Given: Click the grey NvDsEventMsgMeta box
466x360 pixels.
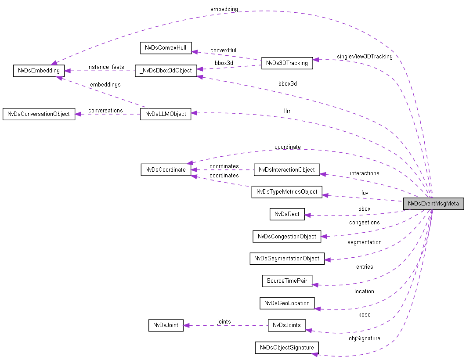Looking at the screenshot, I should pyautogui.click(x=433, y=204).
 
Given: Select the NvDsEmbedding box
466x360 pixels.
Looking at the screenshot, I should pyautogui.click(x=39, y=71).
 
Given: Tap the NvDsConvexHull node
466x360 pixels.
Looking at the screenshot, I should pyautogui.click(x=166, y=48).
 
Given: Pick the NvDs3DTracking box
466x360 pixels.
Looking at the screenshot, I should pyautogui.click(x=287, y=63).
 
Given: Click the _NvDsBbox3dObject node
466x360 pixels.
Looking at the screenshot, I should pyautogui.click(x=166, y=70).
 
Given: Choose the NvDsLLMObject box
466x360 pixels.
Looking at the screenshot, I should pyautogui.click(x=166, y=114).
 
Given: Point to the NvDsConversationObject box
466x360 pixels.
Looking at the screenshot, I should pyautogui.click(x=39, y=114).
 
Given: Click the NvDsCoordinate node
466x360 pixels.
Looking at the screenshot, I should pyautogui.click(x=166, y=170).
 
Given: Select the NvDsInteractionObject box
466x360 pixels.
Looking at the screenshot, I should pyautogui.click(x=287, y=170).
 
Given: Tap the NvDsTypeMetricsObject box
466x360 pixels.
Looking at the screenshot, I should pyautogui.click(x=287, y=192).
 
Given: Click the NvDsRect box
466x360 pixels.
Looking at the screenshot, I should pyautogui.click(x=287, y=214).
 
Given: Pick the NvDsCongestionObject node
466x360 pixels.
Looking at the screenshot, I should pyautogui.click(x=287, y=236).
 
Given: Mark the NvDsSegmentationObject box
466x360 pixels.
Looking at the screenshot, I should pyautogui.click(x=287, y=259).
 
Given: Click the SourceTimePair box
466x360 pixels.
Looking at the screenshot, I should pyautogui.click(x=287, y=281).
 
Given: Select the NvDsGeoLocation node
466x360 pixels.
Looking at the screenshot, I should pyautogui.click(x=287, y=303).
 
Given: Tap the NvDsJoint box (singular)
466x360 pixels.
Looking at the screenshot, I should pyautogui.click(x=166, y=325).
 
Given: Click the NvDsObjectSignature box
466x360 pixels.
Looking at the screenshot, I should pyautogui.click(x=287, y=348).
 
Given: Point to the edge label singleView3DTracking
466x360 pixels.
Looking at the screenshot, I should pyautogui.click(x=365, y=57).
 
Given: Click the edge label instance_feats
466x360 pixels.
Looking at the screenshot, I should pyautogui.click(x=105, y=67).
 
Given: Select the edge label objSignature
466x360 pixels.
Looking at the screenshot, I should pyautogui.click(x=365, y=338).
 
